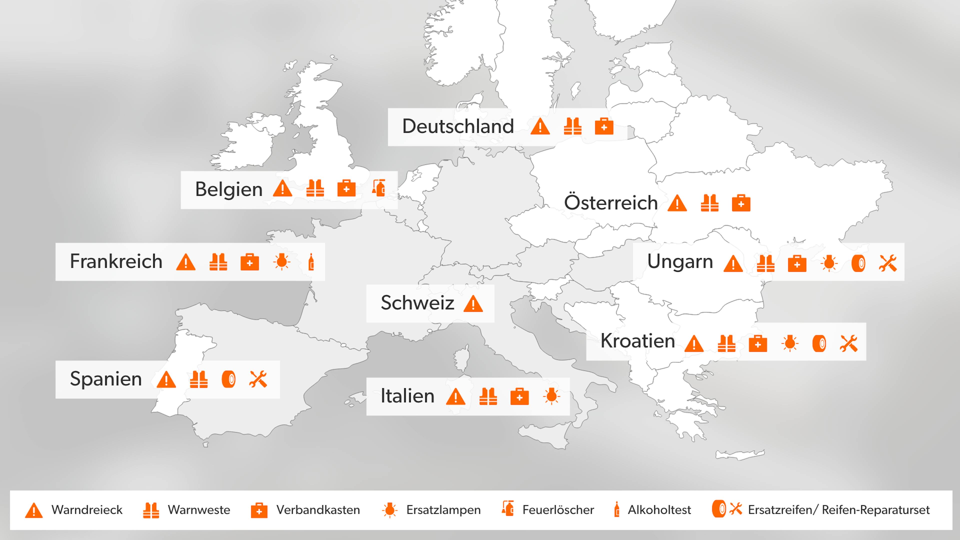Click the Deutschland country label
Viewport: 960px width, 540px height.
point(458,126)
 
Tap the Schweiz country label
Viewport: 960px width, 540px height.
point(417,302)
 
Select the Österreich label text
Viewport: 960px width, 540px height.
point(610,203)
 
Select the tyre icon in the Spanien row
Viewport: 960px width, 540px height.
point(228,380)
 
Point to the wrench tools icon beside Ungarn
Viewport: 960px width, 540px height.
point(888,263)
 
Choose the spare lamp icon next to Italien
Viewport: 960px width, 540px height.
point(551,396)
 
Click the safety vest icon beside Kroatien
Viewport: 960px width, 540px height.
point(726,343)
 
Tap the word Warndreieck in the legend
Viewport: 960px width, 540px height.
point(87,510)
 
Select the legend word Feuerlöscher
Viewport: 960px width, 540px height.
point(558,510)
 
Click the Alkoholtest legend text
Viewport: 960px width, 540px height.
point(659,510)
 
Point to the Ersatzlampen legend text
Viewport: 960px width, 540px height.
point(443,510)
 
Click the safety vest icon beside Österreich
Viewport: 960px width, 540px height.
point(709,203)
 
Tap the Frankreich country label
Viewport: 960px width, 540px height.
point(116,261)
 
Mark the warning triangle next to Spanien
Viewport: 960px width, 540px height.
point(166,380)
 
